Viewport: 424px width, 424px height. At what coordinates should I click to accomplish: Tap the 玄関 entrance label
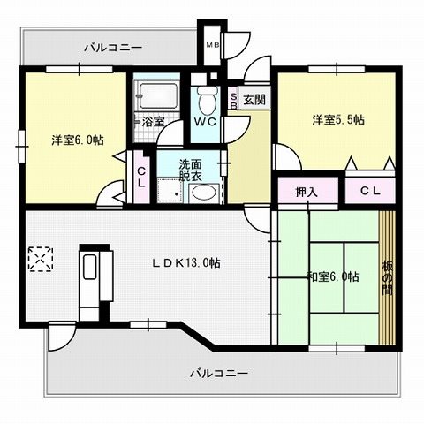point(254,98)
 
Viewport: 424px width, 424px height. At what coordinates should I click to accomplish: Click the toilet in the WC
point(206,98)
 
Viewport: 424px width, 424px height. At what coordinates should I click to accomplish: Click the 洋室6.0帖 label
point(76,139)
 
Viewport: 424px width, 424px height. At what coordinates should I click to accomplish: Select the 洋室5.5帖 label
point(337,120)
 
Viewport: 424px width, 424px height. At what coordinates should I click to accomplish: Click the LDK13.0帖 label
point(185,262)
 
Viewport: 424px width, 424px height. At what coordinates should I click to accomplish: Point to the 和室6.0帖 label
point(331,276)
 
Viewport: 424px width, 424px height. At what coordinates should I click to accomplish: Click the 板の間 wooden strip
point(386,279)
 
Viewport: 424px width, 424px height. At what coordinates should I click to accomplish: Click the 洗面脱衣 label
point(190,170)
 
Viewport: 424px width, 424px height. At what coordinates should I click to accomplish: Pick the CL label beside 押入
point(370,189)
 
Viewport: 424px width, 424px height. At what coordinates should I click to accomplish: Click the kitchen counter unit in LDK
point(92,283)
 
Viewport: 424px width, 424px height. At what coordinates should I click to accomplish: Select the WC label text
point(205,121)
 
